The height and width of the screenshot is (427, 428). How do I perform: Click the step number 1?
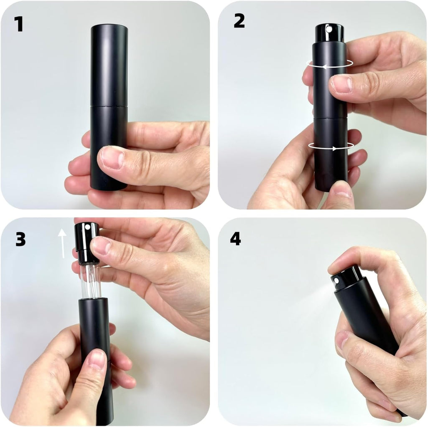[x=18, y=24]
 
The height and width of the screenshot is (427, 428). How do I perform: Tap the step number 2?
[x=239, y=21]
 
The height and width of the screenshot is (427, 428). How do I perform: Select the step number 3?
[x=20, y=240]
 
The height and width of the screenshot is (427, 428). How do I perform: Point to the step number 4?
[x=235, y=239]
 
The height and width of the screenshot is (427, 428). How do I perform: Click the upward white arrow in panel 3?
[x=63, y=243]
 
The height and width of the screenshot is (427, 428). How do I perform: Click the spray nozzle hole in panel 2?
[x=330, y=29]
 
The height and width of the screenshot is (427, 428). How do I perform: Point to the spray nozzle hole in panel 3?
[x=87, y=227]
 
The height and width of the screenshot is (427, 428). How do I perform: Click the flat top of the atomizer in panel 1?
[x=109, y=26]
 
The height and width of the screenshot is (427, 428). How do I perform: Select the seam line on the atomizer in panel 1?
[x=109, y=105]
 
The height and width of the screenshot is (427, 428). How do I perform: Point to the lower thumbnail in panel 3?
[x=97, y=359]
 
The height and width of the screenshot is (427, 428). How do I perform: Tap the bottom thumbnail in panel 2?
[x=341, y=189]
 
